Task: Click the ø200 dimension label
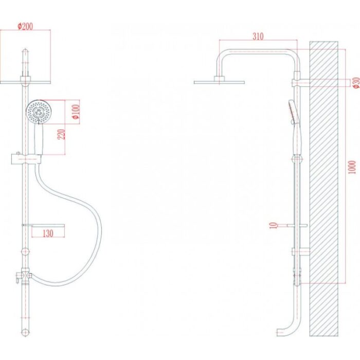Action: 25,26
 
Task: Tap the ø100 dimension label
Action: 76,112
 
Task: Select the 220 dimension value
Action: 61,134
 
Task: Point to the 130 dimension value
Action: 48,233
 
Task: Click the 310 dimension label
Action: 258,37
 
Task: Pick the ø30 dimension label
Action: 356,83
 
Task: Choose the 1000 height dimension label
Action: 352,167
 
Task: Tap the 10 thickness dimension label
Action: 273,225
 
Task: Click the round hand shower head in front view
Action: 39,112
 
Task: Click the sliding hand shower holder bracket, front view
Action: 26,159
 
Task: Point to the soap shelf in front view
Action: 43,225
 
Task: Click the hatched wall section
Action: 323,189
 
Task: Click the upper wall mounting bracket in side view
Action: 301,83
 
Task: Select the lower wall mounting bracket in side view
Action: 301,251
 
